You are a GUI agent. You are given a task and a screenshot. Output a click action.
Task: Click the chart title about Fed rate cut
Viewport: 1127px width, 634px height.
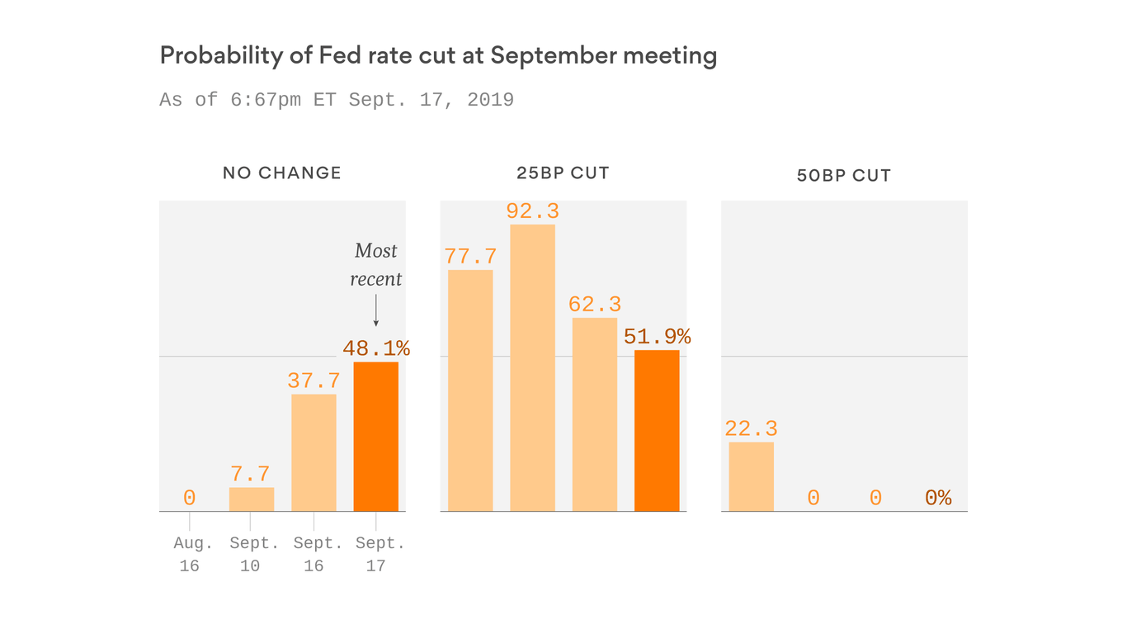437,56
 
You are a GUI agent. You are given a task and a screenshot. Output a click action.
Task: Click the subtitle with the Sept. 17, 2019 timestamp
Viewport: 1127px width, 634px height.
337,100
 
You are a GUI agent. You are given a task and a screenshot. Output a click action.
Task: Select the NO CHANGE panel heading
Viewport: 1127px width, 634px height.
281,173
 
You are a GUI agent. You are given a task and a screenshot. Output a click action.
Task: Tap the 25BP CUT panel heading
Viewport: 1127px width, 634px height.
562,173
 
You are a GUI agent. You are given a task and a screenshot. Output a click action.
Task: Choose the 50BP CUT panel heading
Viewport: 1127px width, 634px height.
843,176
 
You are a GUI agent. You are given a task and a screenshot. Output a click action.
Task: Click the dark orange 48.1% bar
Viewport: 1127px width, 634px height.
375,437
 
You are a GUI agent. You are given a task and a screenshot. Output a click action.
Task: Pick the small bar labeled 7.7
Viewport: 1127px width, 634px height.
251,499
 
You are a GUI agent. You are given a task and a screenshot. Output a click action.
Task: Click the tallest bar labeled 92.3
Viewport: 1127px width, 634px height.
532,367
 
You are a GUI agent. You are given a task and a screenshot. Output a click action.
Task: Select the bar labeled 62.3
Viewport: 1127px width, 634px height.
594,414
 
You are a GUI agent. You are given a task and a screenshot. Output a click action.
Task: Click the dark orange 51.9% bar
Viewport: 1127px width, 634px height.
657,431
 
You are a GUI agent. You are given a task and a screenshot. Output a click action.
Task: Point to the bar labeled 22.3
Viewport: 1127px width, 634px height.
751,476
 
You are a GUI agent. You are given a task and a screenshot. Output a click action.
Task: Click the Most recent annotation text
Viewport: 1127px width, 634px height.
375,265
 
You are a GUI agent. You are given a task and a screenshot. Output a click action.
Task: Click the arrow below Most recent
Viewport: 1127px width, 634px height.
375,311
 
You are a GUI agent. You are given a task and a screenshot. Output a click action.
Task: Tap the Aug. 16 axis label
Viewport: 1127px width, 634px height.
189,554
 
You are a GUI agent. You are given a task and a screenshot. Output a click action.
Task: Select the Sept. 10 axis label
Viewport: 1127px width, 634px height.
251,554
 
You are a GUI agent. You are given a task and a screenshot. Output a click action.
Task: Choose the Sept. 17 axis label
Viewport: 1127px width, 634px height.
375,554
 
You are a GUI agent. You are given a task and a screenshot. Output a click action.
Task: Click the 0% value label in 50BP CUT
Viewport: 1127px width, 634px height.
938,498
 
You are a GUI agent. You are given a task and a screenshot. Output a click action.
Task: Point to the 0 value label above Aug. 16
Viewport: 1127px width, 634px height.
189,498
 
